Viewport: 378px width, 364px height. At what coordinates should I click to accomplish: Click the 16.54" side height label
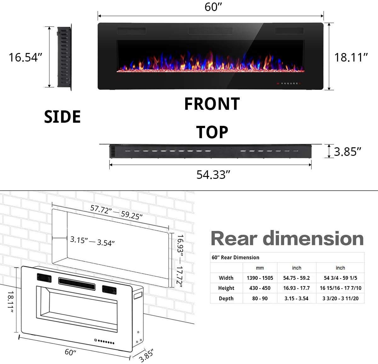(25, 57)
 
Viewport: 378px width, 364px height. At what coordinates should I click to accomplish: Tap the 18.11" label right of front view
(351, 57)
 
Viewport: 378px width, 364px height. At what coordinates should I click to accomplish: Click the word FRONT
(212, 104)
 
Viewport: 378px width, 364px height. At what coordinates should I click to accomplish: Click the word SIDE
(62, 117)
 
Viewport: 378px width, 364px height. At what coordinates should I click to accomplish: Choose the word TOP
(212, 132)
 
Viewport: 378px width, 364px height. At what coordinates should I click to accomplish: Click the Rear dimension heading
(287, 238)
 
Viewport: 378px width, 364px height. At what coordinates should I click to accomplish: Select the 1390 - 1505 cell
(260, 278)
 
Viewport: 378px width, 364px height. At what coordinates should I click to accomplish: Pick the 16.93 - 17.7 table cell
(296, 288)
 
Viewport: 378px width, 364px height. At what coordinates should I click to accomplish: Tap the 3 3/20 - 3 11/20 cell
(340, 298)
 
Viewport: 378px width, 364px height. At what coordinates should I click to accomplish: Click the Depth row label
(226, 298)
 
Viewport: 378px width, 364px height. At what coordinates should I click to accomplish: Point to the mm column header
(260, 268)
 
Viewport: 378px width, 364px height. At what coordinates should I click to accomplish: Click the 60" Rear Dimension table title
(235, 257)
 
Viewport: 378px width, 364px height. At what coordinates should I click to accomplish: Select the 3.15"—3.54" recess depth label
(92, 241)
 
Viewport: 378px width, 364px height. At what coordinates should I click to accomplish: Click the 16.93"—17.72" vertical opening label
(180, 261)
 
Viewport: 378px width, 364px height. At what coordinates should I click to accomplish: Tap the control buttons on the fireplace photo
(289, 84)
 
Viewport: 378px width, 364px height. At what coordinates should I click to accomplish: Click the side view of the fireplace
(65, 57)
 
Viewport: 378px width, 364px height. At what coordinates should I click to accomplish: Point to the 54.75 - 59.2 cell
(296, 278)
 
